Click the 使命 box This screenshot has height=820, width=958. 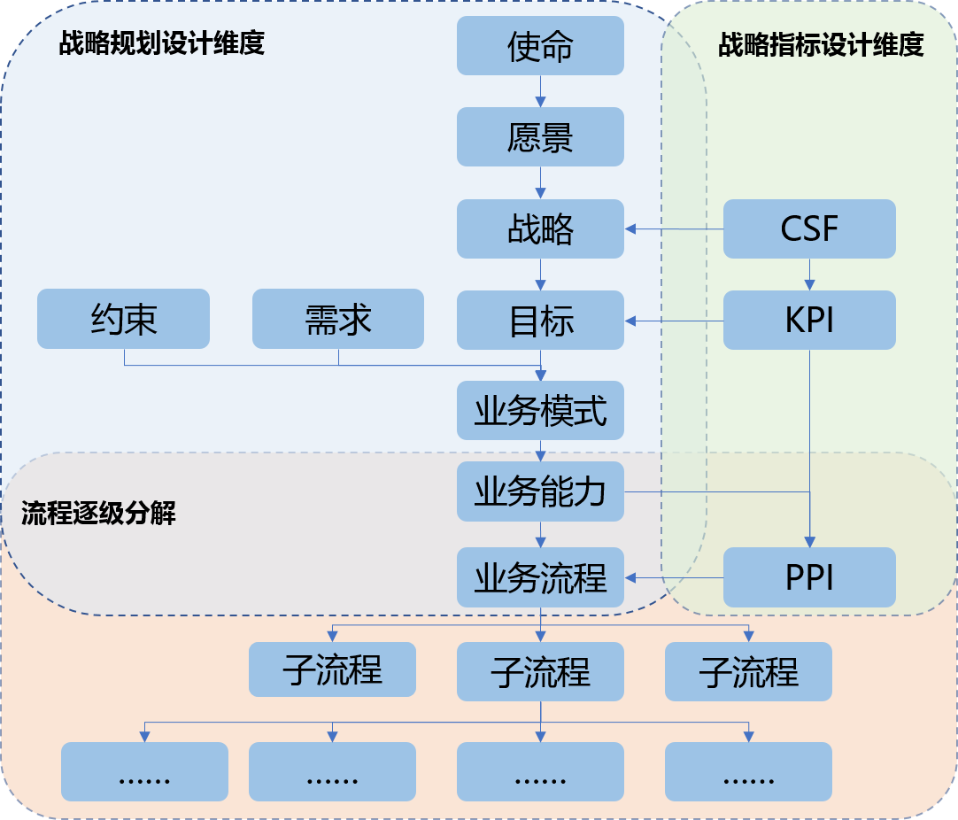click(x=540, y=46)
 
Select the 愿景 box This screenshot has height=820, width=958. click(x=540, y=137)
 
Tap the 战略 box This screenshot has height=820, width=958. click(x=540, y=228)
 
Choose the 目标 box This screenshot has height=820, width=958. click(x=540, y=320)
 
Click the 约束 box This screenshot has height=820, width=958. click(x=123, y=319)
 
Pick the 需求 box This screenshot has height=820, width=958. click(x=337, y=319)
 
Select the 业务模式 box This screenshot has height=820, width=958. click(x=540, y=411)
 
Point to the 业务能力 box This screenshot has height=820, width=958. click(x=540, y=491)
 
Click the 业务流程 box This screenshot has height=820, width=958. click(x=540, y=577)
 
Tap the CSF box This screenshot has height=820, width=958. click(x=809, y=228)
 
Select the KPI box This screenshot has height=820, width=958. click(x=809, y=320)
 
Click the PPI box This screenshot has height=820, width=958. click(x=809, y=577)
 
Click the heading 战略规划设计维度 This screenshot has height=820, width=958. click(x=162, y=44)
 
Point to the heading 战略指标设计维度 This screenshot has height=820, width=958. click(x=821, y=45)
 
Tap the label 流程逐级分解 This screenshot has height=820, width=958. click(x=98, y=514)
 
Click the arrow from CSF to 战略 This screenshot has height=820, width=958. click(x=675, y=229)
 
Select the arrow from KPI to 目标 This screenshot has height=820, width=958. click(x=675, y=321)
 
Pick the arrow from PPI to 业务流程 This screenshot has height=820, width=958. click(x=675, y=578)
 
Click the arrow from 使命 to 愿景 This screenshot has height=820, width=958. click(x=540, y=91)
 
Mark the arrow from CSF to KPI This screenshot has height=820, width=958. click(x=809, y=275)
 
